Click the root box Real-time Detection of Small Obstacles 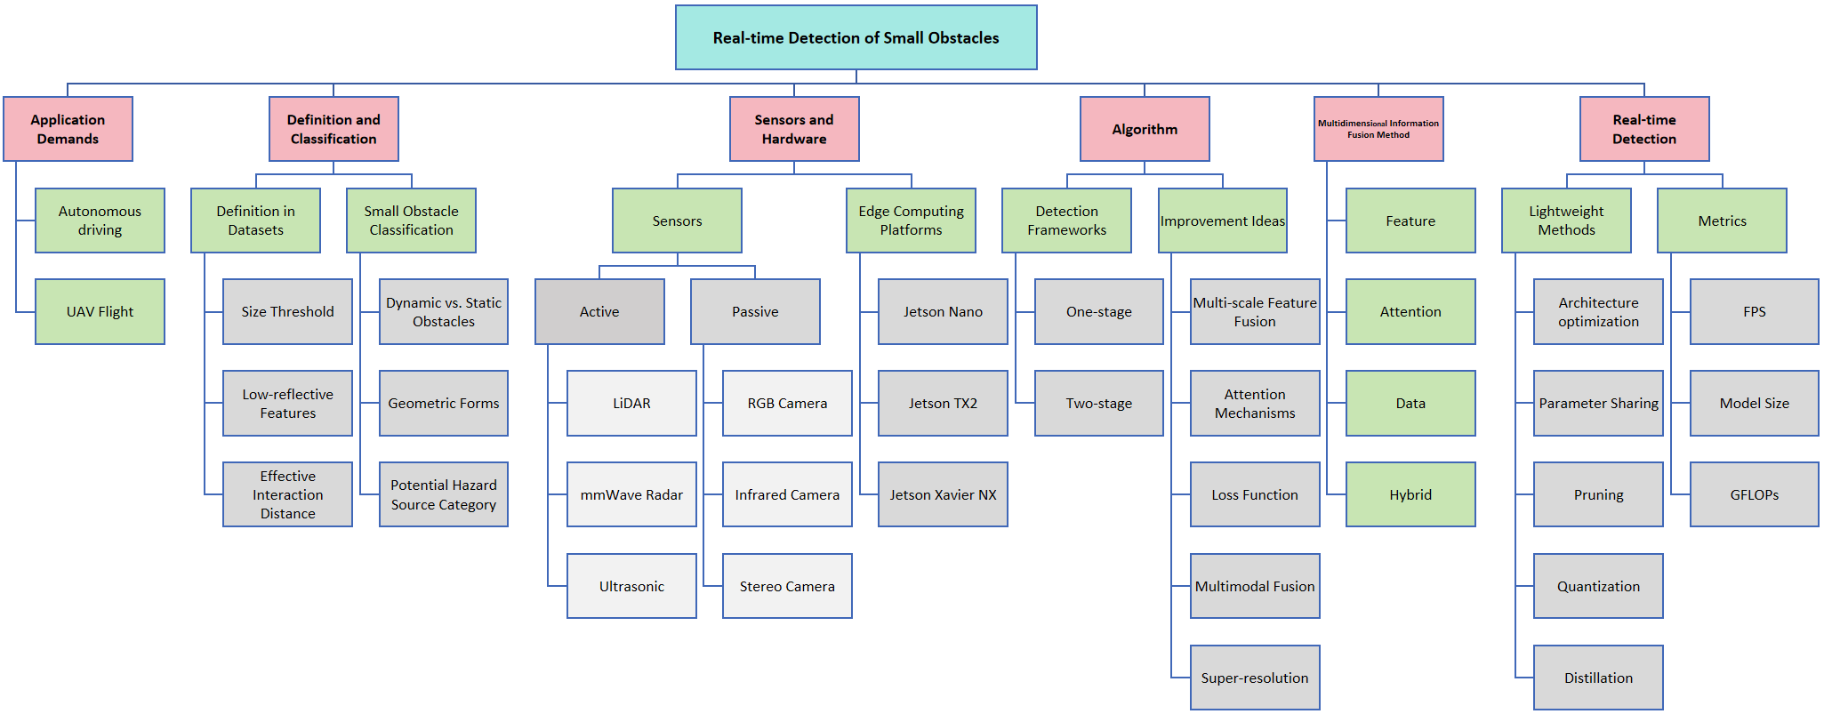tap(856, 37)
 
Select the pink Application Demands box tap(68, 129)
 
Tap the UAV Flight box tap(100, 311)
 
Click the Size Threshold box tap(287, 311)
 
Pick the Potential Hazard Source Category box tap(443, 494)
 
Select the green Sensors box tap(677, 221)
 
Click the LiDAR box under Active tap(631, 403)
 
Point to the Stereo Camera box tap(787, 586)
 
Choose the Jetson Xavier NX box tap(943, 494)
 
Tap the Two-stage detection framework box tap(1098, 403)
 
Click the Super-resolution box tap(1255, 678)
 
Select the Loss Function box tap(1255, 494)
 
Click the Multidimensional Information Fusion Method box tap(1378, 129)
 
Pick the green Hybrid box tap(1410, 494)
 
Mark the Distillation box tap(1598, 678)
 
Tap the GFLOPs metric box tap(1754, 494)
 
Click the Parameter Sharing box tap(1598, 403)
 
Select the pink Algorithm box tap(1145, 129)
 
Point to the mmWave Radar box tap(631, 494)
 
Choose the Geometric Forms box tap(443, 403)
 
